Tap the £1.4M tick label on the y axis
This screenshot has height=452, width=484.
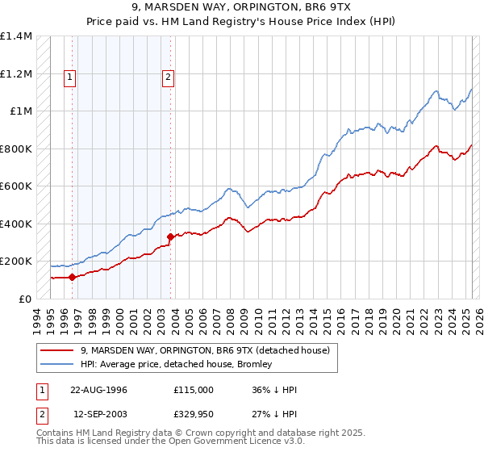click(x=15, y=36)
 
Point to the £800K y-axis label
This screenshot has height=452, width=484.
click(x=15, y=149)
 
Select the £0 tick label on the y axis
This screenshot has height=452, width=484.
click(x=24, y=299)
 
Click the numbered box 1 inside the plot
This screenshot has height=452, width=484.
click(x=71, y=77)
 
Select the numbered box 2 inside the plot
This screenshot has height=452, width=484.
click(x=168, y=77)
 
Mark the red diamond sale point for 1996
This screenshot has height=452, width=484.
click(x=73, y=277)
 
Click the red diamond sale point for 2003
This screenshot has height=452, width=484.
click(x=171, y=236)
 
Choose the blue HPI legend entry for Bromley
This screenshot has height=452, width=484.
click(x=194, y=365)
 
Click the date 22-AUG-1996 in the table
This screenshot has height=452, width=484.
click(x=98, y=390)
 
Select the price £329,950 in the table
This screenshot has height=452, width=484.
click(x=193, y=413)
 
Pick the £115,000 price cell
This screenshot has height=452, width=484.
click(x=193, y=390)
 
